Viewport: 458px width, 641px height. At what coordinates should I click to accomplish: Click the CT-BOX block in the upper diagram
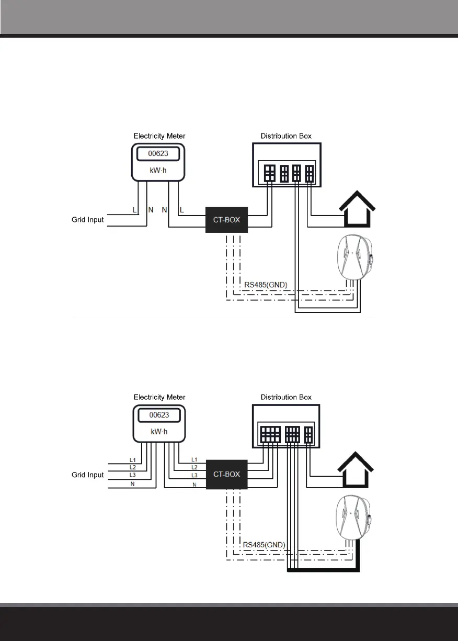(227, 220)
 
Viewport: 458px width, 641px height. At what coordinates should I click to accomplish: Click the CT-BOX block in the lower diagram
(227, 475)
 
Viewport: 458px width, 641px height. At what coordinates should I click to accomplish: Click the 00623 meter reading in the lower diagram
(159, 415)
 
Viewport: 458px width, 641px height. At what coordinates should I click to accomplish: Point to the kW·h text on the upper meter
(159, 171)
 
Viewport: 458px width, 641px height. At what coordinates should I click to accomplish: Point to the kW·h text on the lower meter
(159, 432)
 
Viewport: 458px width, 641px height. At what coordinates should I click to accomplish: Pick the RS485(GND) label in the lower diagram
(264, 545)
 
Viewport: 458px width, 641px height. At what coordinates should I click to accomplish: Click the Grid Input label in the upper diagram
(87, 220)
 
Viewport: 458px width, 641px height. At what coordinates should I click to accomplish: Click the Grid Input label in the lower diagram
(87, 475)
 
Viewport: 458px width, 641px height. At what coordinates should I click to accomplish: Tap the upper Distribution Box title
(286, 136)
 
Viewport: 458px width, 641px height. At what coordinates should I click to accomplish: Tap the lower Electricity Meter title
(159, 397)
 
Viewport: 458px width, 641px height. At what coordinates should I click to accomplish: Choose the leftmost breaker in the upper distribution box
(270, 173)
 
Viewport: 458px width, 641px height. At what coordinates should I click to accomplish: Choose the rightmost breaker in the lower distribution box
(308, 435)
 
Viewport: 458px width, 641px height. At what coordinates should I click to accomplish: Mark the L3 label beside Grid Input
(133, 475)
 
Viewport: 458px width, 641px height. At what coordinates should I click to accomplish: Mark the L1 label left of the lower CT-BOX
(194, 459)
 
